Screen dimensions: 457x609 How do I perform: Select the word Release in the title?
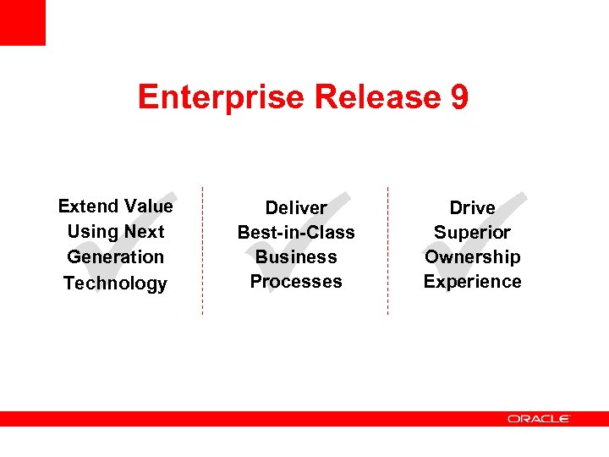tap(377, 97)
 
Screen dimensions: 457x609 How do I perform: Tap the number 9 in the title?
tap(459, 97)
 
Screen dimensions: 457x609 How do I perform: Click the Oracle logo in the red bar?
tap(539, 418)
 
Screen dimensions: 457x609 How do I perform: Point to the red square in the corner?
tap(22, 22)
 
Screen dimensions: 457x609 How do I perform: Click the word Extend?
tap(88, 206)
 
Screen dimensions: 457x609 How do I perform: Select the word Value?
tap(148, 206)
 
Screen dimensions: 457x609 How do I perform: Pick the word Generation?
tap(115, 256)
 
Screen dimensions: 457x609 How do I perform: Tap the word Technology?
tap(115, 283)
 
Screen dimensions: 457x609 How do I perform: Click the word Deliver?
tap(296, 207)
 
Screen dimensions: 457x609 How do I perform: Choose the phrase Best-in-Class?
tap(296, 232)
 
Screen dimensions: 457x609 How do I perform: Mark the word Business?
tap(296, 256)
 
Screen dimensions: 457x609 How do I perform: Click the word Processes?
tap(296, 281)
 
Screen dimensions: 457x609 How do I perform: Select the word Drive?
tap(472, 207)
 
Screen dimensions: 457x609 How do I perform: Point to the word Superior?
tap(472, 232)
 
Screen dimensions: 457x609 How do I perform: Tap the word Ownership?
tap(472, 256)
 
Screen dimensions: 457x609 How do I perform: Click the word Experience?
tap(472, 281)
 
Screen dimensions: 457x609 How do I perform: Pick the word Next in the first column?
tap(144, 231)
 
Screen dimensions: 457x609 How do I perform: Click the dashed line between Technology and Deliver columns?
tap(202, 250)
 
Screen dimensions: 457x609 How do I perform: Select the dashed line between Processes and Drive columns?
tap(387, 250)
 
